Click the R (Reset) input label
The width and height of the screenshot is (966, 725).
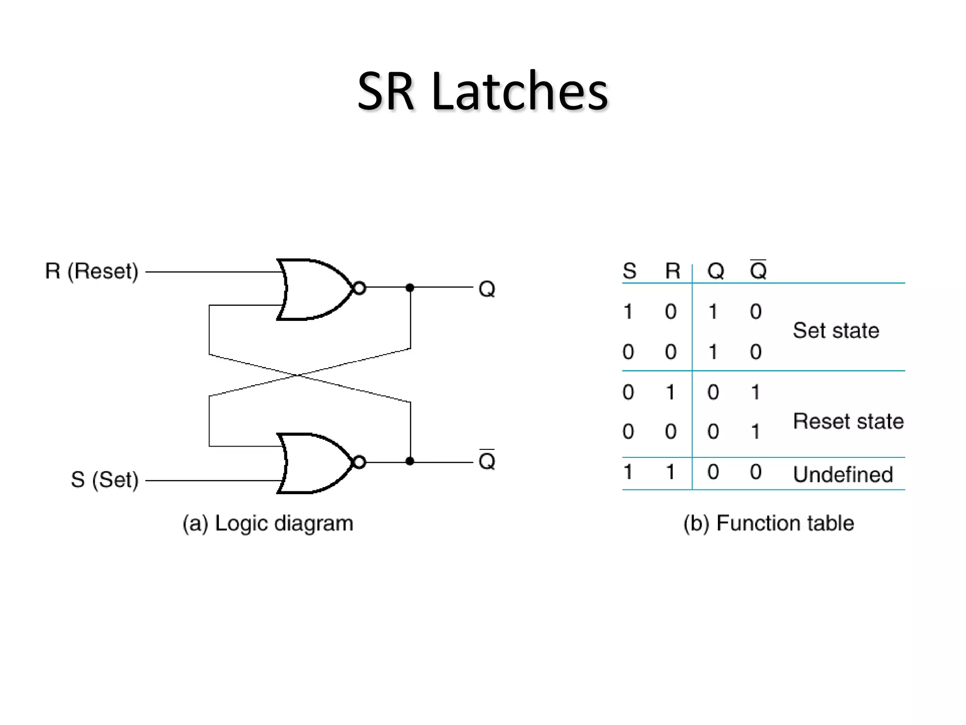tap(92, 271)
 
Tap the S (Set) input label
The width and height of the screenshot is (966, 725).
tap(105, 480)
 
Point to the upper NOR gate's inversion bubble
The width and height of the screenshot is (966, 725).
tap(359, 288)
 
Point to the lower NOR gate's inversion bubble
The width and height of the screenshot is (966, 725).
tap(359, 462)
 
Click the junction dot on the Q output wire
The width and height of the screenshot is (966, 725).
tap(410, 287)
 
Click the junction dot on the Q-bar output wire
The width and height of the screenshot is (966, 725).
tap(410, 461)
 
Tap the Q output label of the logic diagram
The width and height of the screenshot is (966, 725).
tap(487, 289)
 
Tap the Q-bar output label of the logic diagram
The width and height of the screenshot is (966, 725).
tap(487, 461)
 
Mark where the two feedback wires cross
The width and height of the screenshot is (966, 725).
tap(298, 376)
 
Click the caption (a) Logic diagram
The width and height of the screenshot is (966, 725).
tap(268, 523)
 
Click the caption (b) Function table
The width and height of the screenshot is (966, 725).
tap(769, 523)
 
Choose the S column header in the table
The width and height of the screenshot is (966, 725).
tap(629, 271)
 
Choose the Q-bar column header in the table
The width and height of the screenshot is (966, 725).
tap(758, 270)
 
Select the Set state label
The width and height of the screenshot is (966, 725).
tap(836, 330)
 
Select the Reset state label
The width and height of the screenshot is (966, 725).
tap(848, 421)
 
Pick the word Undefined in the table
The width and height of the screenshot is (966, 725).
tap(843, 474)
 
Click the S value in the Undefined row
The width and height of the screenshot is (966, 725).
tap(628, 472)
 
